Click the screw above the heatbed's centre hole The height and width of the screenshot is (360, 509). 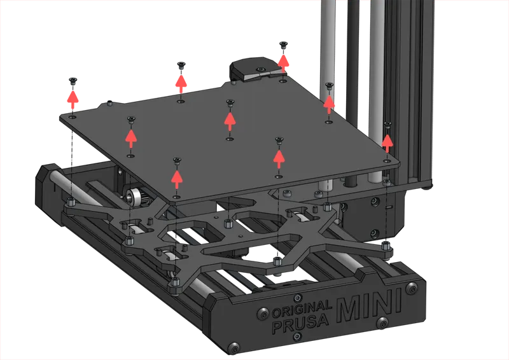click(x=230, y=102)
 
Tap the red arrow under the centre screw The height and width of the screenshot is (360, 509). click(x=230, y=118)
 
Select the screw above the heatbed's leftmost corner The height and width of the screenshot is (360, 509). click(x=73, y=80)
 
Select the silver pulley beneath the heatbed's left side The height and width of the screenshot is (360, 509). click(x=135, y=195)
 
